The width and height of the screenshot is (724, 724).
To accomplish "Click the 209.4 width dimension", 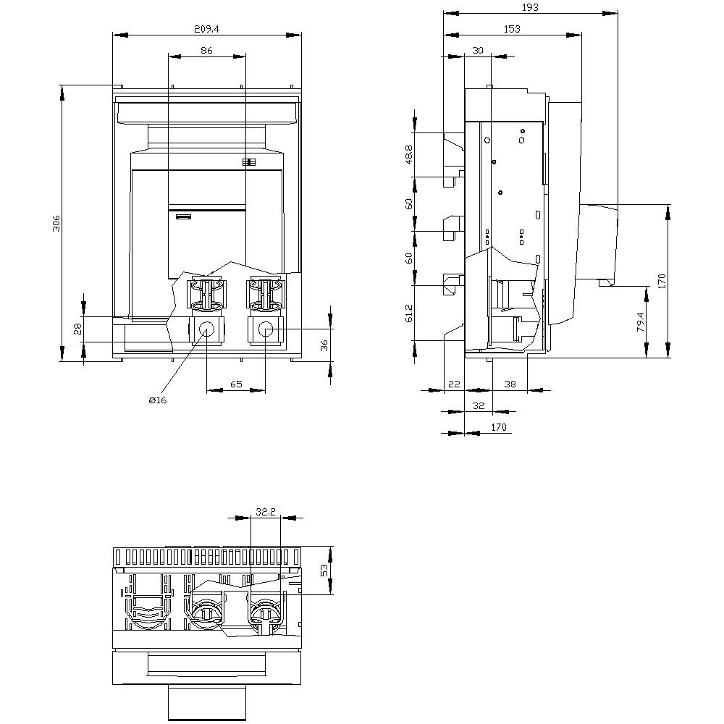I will (206, 29).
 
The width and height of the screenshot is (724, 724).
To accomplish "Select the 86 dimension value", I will (206, 50).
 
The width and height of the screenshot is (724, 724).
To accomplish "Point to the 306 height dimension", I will (56, 224).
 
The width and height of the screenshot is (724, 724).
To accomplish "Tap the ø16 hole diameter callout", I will (157, 400).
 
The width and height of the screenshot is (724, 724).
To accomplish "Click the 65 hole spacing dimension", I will (236, 384).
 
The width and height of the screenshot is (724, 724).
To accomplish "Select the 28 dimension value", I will (77, 329).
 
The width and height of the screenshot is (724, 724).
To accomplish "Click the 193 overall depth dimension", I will (530, 7).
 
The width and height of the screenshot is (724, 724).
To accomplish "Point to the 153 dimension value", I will (510, 29).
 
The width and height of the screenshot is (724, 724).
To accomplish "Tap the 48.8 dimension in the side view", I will (409, 155).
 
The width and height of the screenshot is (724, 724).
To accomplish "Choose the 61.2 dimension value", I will (409, 313).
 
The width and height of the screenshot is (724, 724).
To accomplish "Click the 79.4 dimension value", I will (641, 321).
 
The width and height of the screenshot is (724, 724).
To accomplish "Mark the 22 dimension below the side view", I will (454, 384).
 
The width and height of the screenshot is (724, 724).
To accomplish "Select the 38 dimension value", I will (510, 384).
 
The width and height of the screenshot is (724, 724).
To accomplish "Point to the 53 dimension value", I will (325, 571).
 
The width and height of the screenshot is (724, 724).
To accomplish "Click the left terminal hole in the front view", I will (206, 330).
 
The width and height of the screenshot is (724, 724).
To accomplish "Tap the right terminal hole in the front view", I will (265, 330).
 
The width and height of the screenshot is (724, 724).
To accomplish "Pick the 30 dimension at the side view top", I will (477, 50).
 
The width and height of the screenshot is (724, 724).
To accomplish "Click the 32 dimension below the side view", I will (478, 406).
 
